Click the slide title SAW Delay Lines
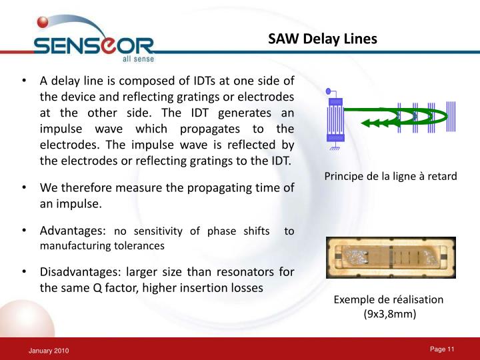pos(323,39)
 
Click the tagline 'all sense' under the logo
pos(138,59)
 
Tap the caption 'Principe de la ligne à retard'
pos(390,177)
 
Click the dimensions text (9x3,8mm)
pos(389,314)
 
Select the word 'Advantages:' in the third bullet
pos(73,231)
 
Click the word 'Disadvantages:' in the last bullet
pos(83,272)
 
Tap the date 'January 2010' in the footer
pos(48,351)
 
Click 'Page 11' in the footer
pos(441,350)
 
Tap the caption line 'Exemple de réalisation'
pos(389,300)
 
